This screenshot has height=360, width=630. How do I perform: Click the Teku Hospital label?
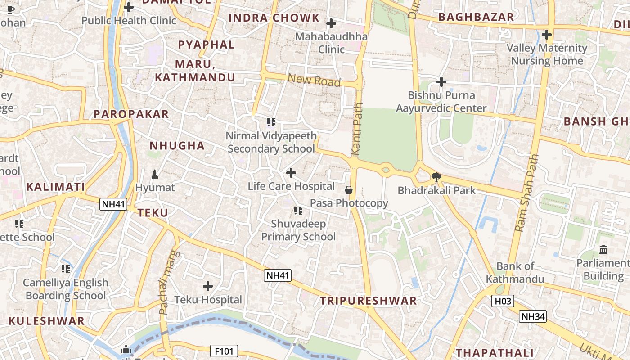pyautogui.click(x=208, y=300)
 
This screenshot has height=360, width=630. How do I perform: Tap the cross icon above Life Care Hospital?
pyautogui.click(x=291, y=173)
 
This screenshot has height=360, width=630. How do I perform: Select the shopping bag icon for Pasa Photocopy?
pyautogui.click(x=348, y=190)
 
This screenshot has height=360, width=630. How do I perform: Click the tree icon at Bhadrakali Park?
pyautogui.click(x=436, y=177)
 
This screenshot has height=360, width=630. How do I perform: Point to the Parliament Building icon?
pyautogui.click(x=603, y=249)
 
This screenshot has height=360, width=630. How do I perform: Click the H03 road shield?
pyautogui.click(x=502, y=301)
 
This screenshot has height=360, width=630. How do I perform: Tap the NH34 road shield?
pyautogui.click(x=533, y=316)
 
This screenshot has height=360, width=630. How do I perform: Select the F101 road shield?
pyautogui.click(x=224, y=351)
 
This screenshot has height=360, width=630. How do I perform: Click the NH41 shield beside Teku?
pyautogui.click(x=113, y=204)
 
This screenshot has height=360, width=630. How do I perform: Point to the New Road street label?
pyautogui.click(x=314, y=81)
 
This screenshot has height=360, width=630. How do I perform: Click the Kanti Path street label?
pyautogui.click(x=356, y=135)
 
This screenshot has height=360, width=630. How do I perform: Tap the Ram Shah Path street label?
pyautogui.click(x=526, y=193)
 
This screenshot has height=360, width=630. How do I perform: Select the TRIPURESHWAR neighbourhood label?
pyautogui.click(x=368, y=301)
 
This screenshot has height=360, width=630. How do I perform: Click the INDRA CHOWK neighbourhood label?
pyautogui.click(x=274, y=18)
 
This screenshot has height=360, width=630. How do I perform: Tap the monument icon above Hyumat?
pyautogui.click(x=155, y=174)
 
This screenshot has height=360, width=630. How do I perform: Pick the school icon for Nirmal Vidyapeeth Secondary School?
pyautogui.click(x=271, y=122)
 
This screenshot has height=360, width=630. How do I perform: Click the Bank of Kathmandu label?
pyautogui.click(x=515, y=273)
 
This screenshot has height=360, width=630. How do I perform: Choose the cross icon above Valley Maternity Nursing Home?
pyautogui.click(x=547, y=35)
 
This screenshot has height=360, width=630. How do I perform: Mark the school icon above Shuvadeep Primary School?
pyautogui.click(x=298, y=211)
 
